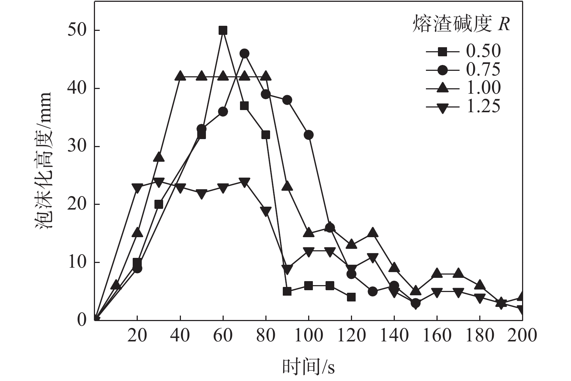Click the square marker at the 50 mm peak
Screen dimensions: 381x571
click(223, 30)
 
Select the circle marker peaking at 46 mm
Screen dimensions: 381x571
click(244, 54)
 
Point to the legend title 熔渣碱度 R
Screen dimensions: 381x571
click(461, 24)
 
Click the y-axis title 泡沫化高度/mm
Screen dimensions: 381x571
click(43, 160)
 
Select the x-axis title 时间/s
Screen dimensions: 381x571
click(308, 367)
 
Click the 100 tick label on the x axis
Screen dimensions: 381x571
click(308, 336)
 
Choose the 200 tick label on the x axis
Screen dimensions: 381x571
click(522, 336)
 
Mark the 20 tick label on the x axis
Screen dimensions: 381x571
click(137, 336)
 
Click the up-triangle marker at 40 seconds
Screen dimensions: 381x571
click(180, 76)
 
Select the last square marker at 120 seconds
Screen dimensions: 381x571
click(351, 297)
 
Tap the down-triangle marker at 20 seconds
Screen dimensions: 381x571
click(137, 188)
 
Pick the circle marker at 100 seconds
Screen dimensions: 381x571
click(309, 135)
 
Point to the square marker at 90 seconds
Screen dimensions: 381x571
click(287, 291)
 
